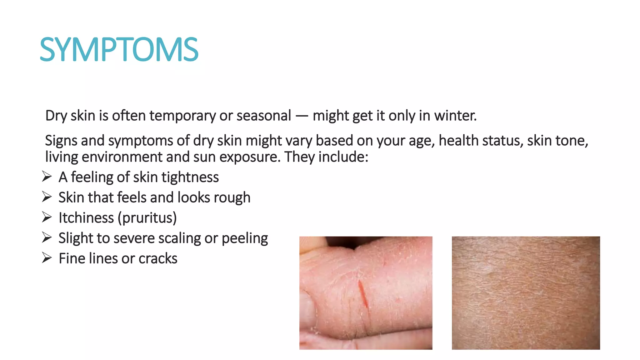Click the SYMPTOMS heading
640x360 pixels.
[x=119, y=49]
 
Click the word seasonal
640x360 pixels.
[x=264, y=116]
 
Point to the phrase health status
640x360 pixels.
[x=481, y=141]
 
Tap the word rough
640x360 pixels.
[x=232, y=198]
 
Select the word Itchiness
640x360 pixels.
[x=86, y=218]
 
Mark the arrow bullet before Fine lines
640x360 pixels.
[x=47, y=258]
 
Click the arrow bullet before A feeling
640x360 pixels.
[x=47, y=177]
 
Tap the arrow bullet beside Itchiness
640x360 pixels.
[x=47, y=217]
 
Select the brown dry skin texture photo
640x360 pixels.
[x=526, y=293]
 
